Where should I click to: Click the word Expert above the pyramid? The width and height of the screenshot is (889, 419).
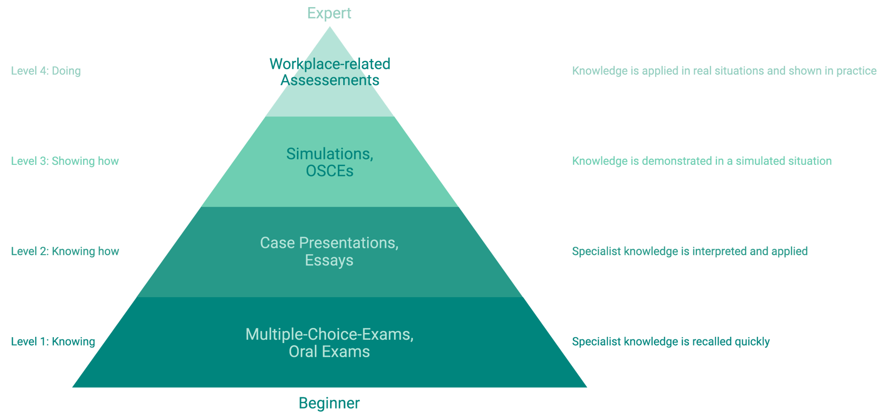[x=329, y=13]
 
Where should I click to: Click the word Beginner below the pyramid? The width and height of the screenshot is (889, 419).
[x=329, y=403]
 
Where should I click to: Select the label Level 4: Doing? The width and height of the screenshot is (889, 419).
[x=46, y=71]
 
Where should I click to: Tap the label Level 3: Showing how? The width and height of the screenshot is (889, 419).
[x=65, y=161]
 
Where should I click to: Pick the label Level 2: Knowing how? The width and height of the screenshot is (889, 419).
[x=65, y=251]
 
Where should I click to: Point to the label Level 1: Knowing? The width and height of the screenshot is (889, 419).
[x=53, y=342]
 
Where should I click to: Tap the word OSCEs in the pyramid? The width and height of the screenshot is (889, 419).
[x=329, y=171]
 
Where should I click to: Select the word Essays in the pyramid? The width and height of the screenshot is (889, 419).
[x=329, y=260]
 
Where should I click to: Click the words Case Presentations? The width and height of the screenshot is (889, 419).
[x=329, y=243]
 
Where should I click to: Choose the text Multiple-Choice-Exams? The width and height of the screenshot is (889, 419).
[x=329, y=334]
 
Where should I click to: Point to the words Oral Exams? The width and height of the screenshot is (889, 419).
[x=329, y=352]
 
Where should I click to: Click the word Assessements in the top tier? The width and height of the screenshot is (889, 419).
[x=330, y=80]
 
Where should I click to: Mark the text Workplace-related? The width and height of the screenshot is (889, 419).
[x=330, y=64]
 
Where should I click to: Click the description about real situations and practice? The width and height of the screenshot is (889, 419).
[x=724, y=71]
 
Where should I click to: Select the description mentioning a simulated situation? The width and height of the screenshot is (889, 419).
[x=701, y=161]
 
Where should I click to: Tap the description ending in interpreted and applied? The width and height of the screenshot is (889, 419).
[x=689, y=251]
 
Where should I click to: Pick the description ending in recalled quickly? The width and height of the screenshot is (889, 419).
[x=671, y=342]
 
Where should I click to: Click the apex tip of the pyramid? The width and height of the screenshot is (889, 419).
[x=329, y=28]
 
